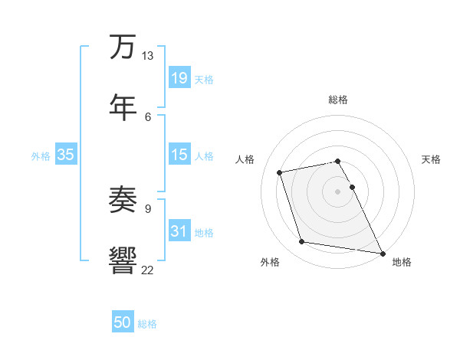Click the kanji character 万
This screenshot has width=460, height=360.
123,47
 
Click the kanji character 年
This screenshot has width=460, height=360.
123,105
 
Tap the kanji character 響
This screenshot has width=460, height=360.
123,259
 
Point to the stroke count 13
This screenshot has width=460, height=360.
147,56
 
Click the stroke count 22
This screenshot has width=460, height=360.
147,269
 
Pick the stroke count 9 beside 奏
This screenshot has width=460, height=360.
148,208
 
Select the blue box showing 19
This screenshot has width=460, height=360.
179,77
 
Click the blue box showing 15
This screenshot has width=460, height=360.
179,155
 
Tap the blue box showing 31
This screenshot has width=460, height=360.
179,231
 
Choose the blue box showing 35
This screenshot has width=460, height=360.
66,155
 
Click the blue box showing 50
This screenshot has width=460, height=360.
122,322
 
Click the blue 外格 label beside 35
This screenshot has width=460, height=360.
41,155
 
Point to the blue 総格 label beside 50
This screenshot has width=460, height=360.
147,324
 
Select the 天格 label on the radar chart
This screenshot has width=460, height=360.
431,159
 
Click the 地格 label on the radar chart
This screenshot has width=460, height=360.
402,262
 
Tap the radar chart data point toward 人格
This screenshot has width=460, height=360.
280,172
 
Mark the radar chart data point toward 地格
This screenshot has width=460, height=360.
381,252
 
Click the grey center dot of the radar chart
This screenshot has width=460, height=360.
337,191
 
